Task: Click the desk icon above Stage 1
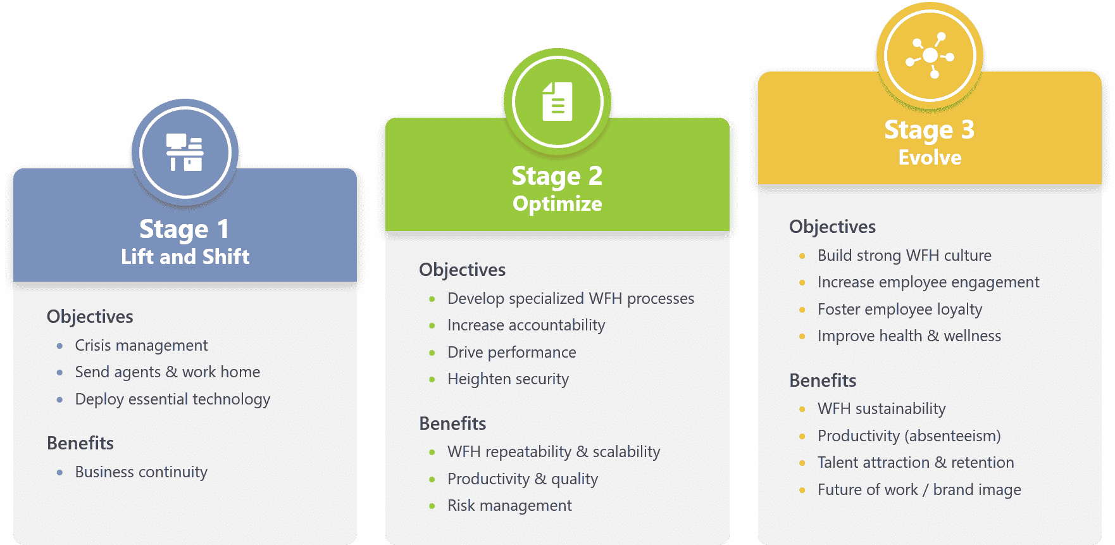pos(185,153)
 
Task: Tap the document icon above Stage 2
pos(557,101)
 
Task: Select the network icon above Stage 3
pos(930,56)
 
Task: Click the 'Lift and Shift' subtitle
pos(185,256)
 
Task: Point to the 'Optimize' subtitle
pos(557,204)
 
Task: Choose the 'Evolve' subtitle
pos(930,157)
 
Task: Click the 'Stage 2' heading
pos(557,176)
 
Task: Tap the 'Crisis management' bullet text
pos(141,346)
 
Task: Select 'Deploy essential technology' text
pos(173,399)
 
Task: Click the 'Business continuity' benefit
pos(141,472)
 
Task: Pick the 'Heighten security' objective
pos(508,379)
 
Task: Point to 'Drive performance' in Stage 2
pos(512,353)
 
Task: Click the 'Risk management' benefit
pos(509,506)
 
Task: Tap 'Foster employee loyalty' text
pos(900,310)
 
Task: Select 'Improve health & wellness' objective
pos(909,336)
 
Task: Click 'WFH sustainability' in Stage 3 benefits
pos(881,409)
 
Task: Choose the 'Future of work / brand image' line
pos(919,490)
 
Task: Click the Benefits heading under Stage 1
pos(80,443)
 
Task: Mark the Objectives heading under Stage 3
pos(832,227)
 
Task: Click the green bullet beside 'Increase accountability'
pos(432,326)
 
